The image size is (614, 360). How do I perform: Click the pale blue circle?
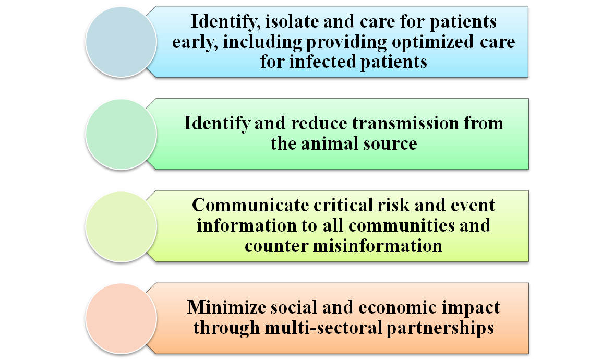pos(121,42)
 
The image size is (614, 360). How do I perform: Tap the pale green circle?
pos(121,134)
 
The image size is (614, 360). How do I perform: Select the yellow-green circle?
pos(121,226)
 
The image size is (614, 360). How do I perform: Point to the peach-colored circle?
pos(121,318)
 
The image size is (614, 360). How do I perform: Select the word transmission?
pos(405,124)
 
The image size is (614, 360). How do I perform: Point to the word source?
pos(390,145)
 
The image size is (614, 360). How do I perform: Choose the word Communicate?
pos(250,205)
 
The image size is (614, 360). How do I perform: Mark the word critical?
pos(343,205)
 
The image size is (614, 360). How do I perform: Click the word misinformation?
pos(378,246)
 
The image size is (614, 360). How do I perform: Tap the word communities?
pos(401,225)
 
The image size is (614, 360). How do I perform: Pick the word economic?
pos(397,307)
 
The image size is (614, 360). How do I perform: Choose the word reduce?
pos(319,124)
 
